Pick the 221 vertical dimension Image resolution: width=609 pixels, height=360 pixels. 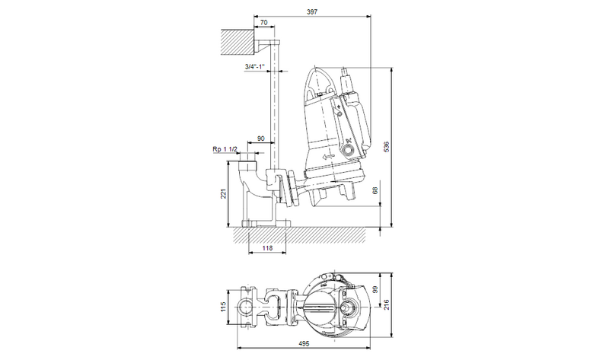pyautogui.click(x=223, y=194)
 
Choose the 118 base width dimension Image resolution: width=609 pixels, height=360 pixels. pyautogui.click(x=266, y=248)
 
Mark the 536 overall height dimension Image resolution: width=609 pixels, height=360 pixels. pyautogui.click(x=387, y=145)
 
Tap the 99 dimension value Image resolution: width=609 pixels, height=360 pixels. pyautogui.click(x=375, y=289)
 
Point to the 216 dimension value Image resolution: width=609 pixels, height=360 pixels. pyautogui.click(x=386, y=304)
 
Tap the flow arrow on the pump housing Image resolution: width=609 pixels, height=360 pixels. pyautogui.click(x=329, y=156)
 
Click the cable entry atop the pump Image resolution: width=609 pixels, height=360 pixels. pyautogui.click(x=347, y=76)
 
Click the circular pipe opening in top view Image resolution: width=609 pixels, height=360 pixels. pyautogui.click(x=247, y=307)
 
